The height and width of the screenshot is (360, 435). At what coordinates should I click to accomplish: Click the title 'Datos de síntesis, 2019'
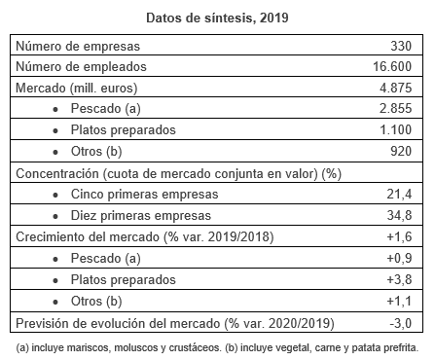pos(217,18)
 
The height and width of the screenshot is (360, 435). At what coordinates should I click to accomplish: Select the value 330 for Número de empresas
pos(401,46)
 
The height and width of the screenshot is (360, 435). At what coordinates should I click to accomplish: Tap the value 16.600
pos(392,66)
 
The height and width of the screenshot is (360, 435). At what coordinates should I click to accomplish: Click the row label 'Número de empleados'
pos(81,66)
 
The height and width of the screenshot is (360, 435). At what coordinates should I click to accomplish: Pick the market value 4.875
pos(396,88)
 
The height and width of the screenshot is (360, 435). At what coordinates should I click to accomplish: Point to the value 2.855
pos(396,108)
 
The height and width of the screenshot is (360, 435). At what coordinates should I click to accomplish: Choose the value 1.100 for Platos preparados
pos(396,129)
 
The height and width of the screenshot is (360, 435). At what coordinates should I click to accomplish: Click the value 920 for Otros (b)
pos(401,151)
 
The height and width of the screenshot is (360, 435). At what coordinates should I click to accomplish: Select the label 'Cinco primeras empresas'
pos(145,194)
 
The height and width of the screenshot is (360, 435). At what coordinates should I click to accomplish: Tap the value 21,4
pos(399,194)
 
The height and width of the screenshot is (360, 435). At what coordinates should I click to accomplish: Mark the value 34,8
pos(399,215)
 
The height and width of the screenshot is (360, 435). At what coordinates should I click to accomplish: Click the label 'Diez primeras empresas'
pos(141,215)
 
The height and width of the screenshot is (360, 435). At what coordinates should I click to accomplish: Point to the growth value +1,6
pos(399,236)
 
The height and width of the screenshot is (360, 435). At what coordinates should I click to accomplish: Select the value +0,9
pos(399,258)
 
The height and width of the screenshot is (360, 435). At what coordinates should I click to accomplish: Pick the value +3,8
pos(399,279)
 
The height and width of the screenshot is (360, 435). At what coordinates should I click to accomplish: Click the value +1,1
pos(399,301)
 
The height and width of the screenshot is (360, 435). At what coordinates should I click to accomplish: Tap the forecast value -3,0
pos(401,323)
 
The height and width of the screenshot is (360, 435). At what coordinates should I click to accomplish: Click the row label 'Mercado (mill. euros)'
pos(77,88)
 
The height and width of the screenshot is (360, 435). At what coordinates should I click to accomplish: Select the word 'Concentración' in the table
pos(57,173)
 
